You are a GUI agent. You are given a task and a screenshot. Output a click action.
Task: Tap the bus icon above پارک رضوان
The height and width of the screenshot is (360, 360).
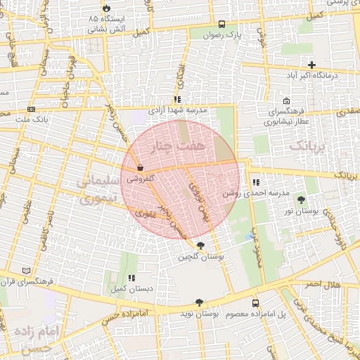click(x=222, y=23)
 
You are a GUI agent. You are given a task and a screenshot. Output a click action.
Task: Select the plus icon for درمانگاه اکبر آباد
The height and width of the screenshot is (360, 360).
click(x=311, y=65)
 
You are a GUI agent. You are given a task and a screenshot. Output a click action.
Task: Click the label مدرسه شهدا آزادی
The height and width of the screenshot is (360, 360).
click(x=178, y=110)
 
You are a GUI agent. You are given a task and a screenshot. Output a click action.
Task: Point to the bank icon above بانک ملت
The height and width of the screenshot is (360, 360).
click(x=31, y=109)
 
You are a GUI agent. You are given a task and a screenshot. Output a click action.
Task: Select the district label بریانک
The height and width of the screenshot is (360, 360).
click(x=308, y=146)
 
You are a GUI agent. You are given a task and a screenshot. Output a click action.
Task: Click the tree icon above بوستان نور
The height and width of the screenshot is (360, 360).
click(x=301, y=200)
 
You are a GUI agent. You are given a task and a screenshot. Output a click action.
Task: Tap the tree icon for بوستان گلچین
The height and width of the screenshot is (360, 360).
click(x=202, y=245)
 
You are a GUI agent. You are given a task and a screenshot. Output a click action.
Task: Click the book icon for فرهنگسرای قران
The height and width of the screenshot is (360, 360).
click(x=27, y=271)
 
